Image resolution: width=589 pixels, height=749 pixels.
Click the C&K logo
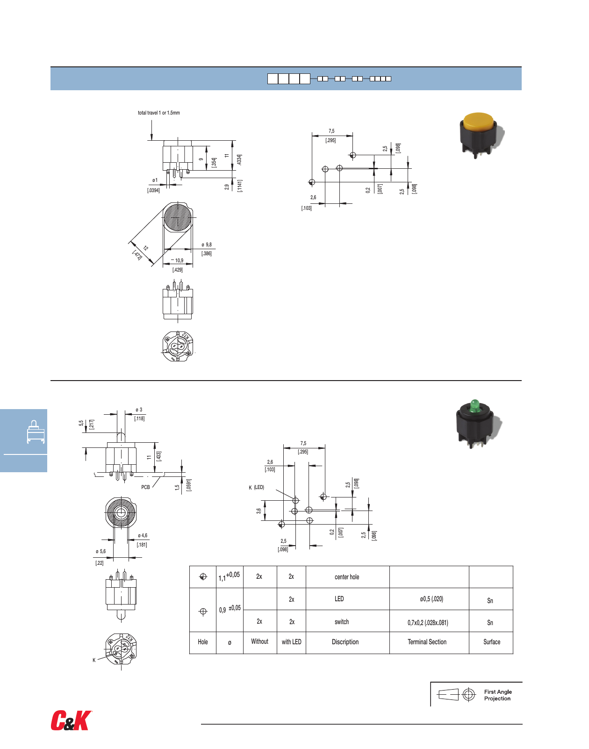[71, 720]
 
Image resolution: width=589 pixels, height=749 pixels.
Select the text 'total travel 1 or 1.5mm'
[158, 113]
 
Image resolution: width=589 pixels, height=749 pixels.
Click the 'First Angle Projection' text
[497, 695]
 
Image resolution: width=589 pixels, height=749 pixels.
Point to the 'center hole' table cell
[347, 577]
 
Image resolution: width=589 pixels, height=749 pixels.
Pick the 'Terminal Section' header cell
[427, 642]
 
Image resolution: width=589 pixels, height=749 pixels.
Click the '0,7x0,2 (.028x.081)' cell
[427, 622]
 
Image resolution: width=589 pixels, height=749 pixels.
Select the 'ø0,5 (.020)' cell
[431, 599]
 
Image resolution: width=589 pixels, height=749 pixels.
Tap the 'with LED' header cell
[291, 642]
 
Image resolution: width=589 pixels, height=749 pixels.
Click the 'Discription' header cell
[345, 642]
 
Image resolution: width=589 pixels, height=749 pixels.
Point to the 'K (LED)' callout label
[256, 487]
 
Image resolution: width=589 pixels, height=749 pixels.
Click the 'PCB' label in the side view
[145, 487]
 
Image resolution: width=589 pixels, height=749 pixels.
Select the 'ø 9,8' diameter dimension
[206, 245]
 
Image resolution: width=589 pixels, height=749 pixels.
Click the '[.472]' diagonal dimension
[137, 255]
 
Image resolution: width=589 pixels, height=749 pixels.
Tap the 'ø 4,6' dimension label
[142, 535]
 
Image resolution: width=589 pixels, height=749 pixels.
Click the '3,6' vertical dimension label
[259, 511]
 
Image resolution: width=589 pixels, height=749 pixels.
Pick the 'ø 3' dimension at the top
[139, 410]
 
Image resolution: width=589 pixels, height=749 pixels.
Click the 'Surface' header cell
[491, 642]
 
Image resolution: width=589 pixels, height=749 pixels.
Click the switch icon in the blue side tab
[36, 432]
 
